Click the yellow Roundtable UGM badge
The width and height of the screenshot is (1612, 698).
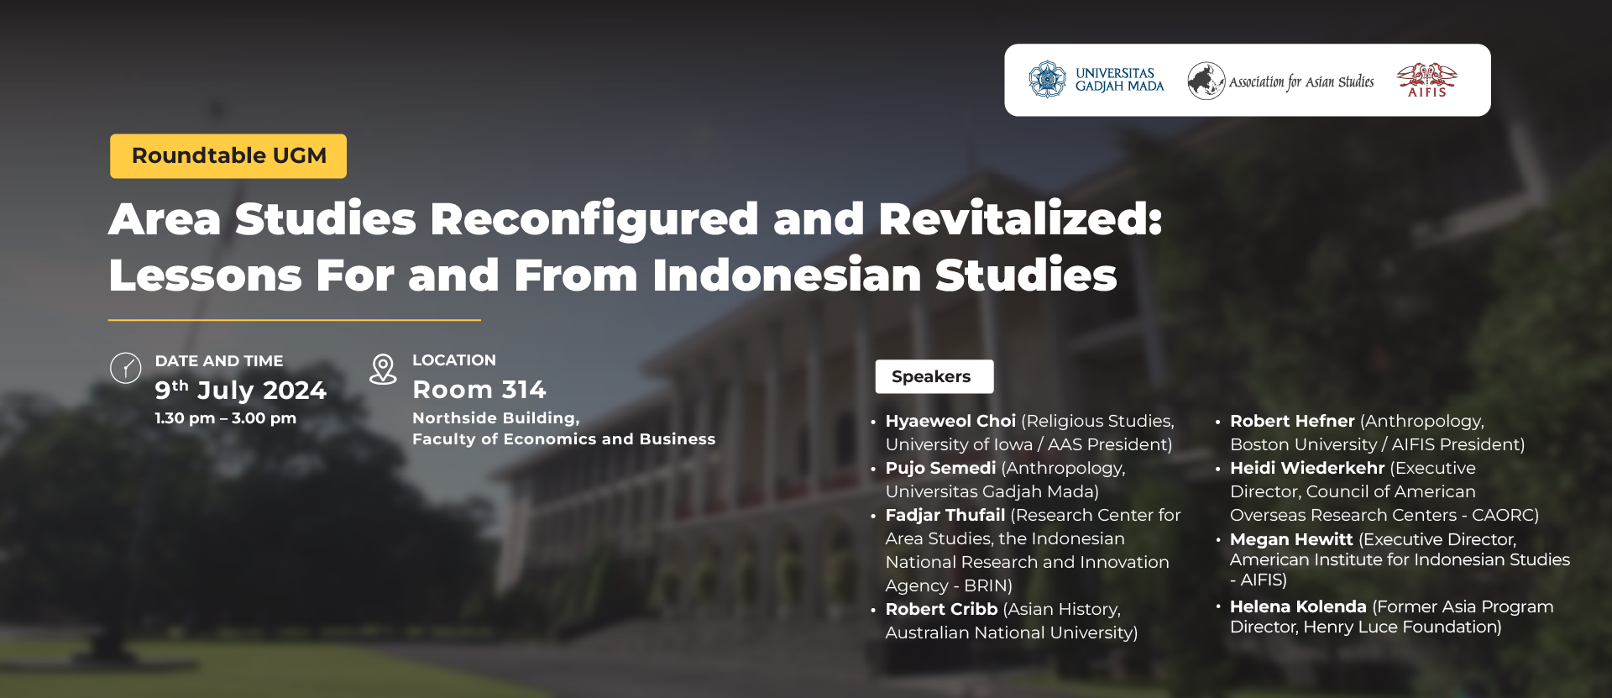point(228,156)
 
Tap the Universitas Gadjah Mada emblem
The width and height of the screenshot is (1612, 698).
point(1047,80)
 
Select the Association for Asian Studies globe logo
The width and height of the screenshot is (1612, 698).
point(1206,81)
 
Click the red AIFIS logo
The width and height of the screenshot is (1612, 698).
point(1426,80)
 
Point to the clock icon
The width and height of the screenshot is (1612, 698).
point(126,368)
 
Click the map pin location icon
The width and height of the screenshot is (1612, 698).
point(383,370)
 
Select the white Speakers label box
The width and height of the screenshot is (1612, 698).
point(934,376)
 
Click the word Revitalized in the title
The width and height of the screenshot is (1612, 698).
point(1020,219)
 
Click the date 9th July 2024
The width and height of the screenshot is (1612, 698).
point(240,390)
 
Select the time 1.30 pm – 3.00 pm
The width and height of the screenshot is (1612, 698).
point(226,418)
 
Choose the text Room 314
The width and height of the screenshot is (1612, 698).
point(479,390)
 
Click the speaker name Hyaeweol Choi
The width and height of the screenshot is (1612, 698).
point(950,421)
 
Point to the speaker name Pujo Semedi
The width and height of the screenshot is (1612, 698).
point(940,468)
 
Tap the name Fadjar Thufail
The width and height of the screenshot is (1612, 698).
point(945,515)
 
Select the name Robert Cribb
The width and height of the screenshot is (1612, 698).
point(941,609)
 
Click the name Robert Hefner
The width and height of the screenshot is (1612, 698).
point(1292,421)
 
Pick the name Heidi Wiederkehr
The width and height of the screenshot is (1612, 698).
point(1307,468)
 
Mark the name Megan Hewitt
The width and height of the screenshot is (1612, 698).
point(1291,539)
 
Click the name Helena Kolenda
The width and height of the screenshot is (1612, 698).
point(1298,606)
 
